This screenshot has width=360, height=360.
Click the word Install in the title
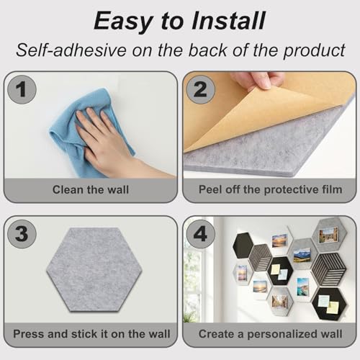point(228,19)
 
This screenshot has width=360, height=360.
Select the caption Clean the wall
point(91,190)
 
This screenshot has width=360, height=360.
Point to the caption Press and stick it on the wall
point(91,334)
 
